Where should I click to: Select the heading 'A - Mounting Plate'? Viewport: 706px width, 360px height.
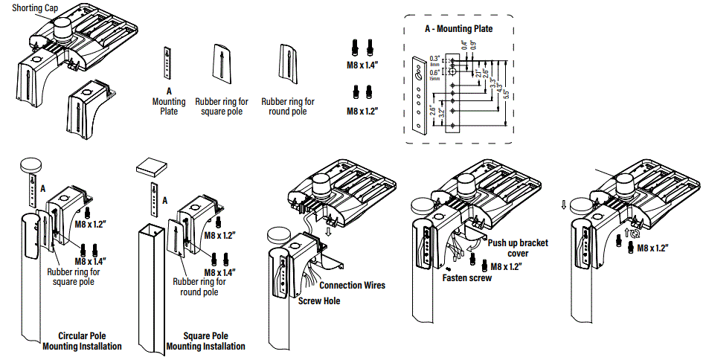[458, 29]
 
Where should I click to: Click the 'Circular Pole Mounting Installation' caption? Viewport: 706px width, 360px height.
[82, 341]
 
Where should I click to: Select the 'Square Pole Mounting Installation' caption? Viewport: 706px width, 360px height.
[205, 341]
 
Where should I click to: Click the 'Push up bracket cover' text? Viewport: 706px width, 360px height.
[518, 248]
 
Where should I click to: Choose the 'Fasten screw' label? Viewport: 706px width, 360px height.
[465, 277]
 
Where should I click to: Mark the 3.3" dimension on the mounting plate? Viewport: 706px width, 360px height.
[492, 83]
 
